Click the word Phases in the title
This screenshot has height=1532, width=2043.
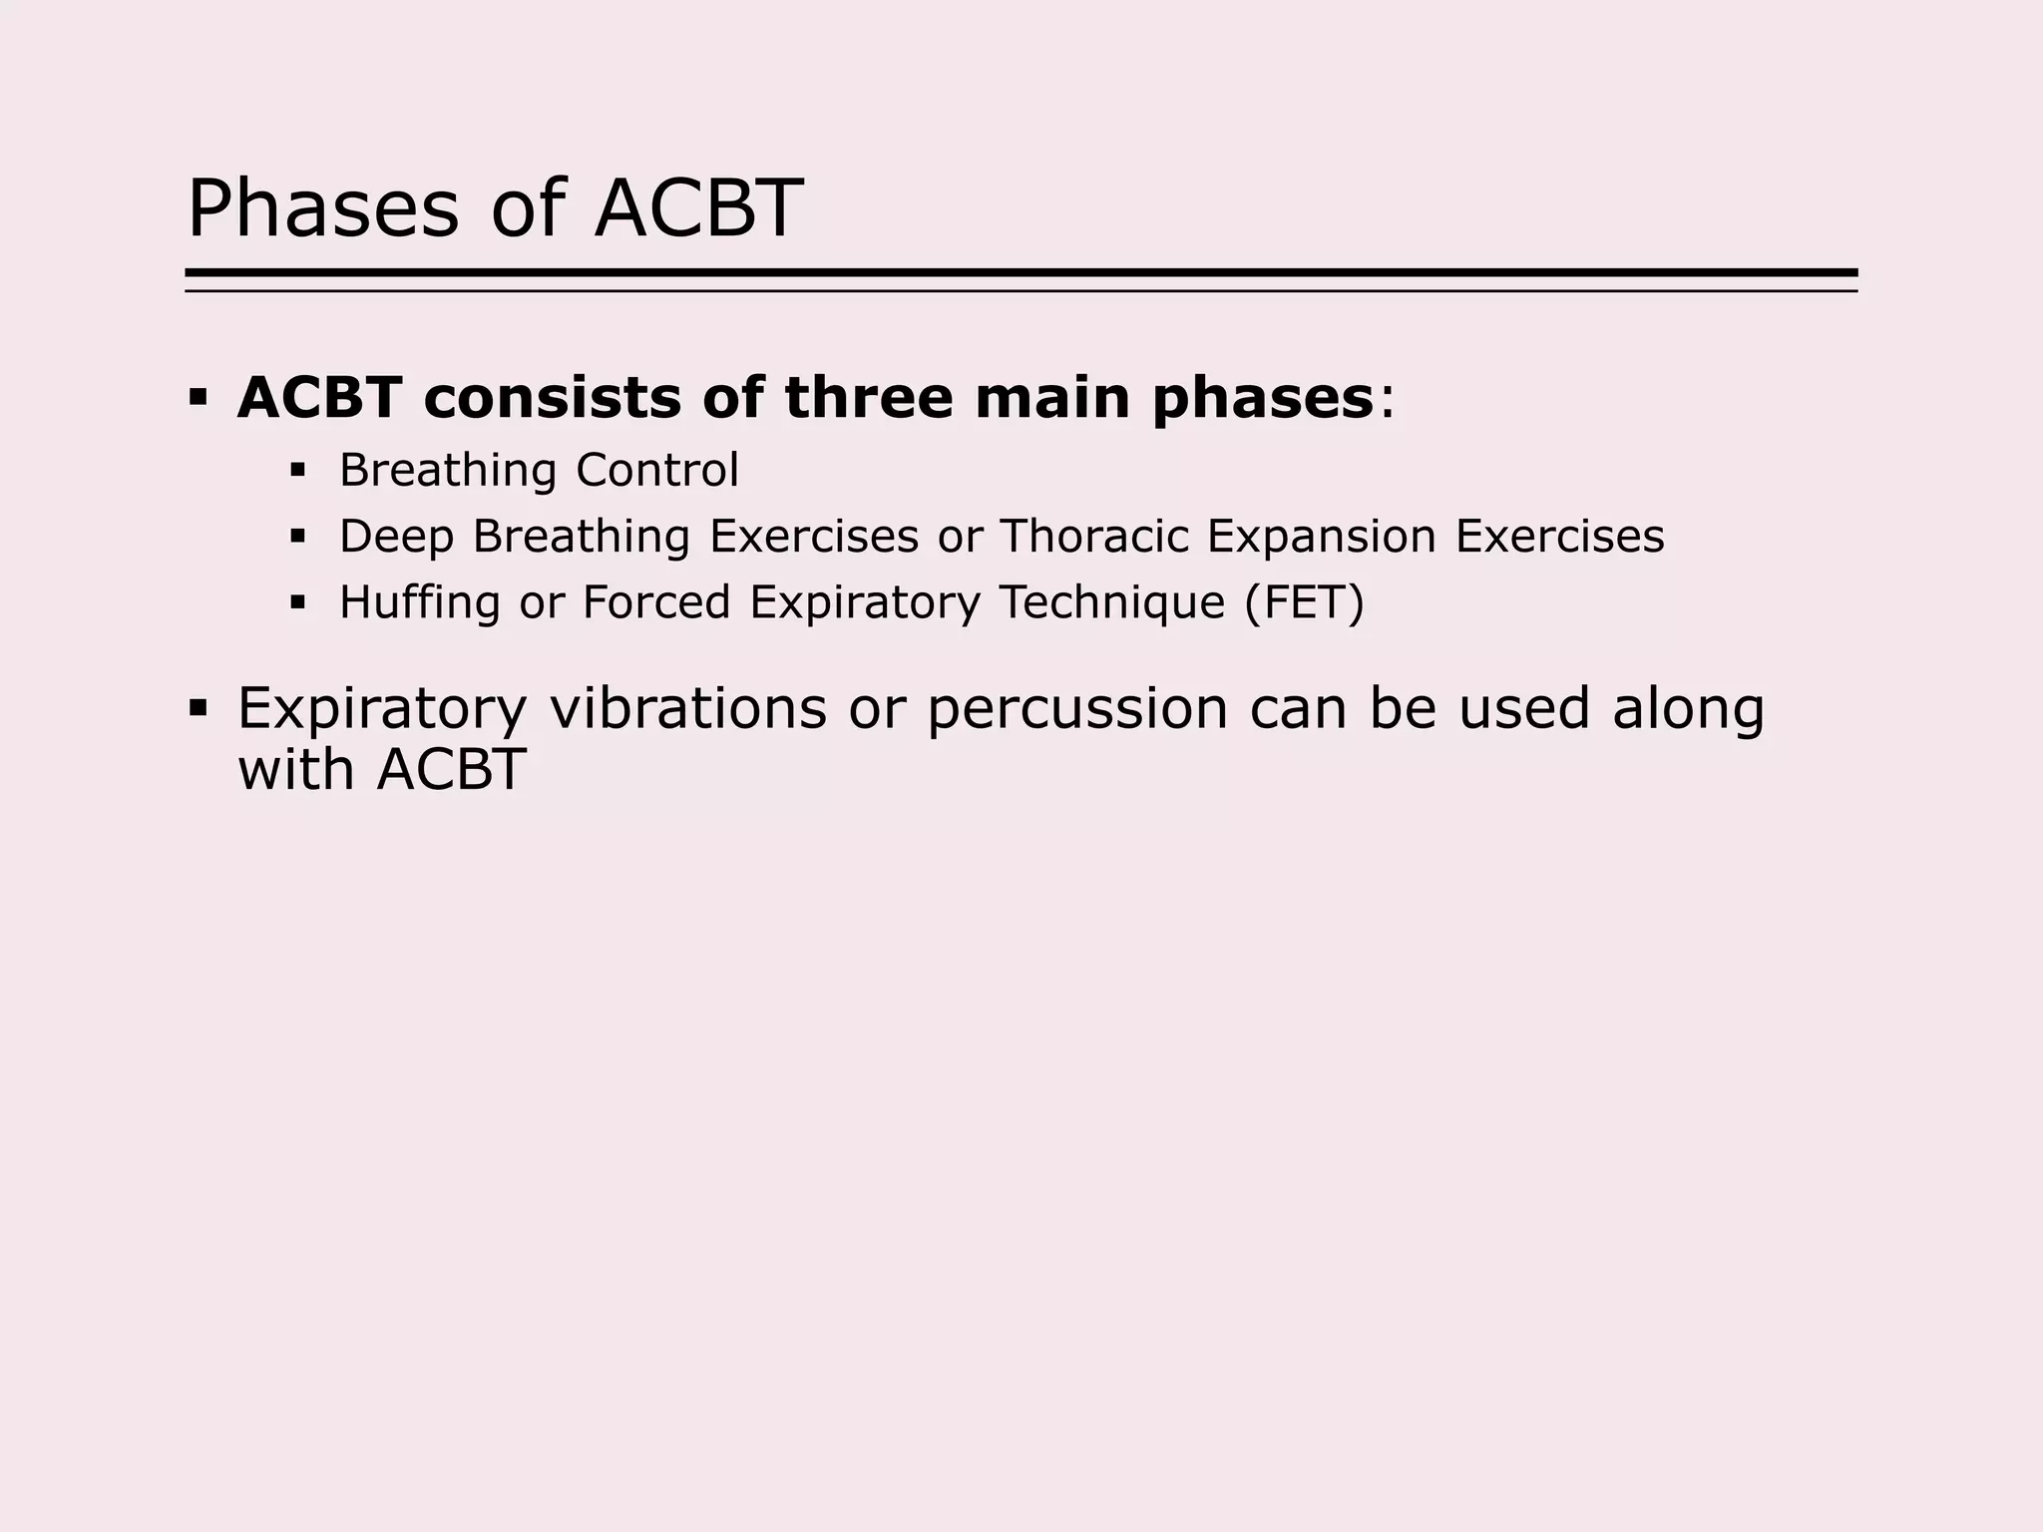point(323,209)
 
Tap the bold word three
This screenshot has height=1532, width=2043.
point(867,398)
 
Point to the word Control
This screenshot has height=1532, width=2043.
point(657,470)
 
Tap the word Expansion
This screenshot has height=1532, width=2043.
point(1322,538)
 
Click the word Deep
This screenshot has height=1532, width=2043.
point(396,538)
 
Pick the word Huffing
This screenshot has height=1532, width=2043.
point(419,603)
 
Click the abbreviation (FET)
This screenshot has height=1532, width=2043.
point(1304,602)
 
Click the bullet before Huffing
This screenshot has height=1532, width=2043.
point(297,602)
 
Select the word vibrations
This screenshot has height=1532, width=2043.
point(688,708)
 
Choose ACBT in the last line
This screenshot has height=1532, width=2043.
point(451,770)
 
